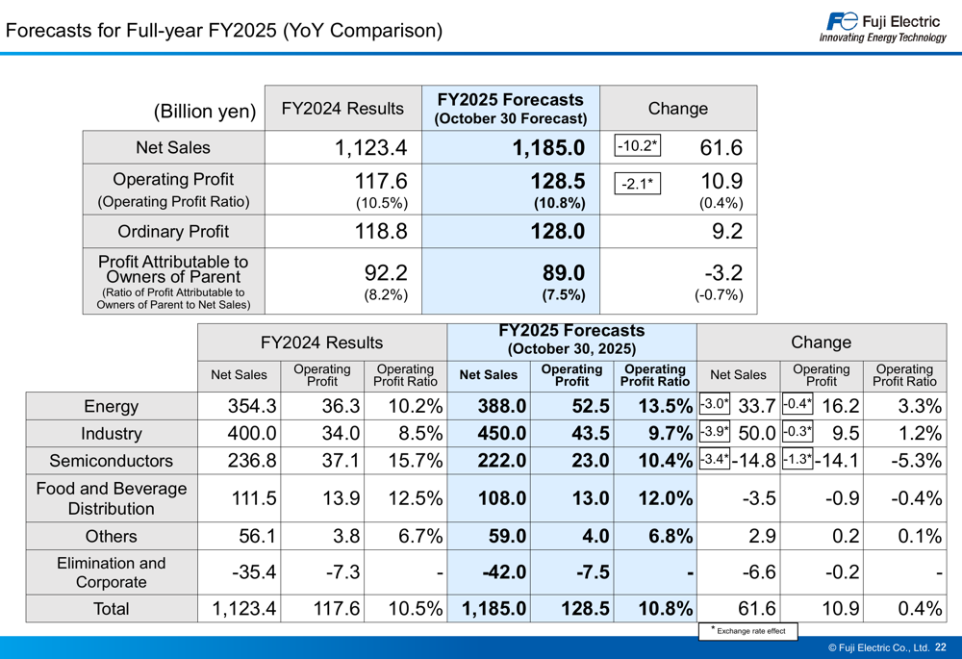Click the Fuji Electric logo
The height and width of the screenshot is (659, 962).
[x=883, y=28]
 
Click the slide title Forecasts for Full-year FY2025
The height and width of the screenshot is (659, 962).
[x=224, y=31]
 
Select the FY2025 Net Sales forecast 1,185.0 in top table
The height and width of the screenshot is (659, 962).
[x=547, y=148]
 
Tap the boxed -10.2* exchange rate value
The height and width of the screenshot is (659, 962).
[x=637, y=146]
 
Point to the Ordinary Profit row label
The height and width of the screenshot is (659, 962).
[x=173, y=231]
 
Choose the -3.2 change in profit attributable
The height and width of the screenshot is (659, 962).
[x=721, y=272]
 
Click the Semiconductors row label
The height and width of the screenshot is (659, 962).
[x=112, y=461]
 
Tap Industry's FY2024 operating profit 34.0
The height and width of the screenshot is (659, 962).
[x=341, y=434]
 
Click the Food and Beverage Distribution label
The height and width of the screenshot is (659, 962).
[x=112, y=498]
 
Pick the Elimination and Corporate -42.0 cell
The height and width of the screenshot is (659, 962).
[x=501, y=572]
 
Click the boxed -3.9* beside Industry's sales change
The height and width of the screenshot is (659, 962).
[x=713, y=433]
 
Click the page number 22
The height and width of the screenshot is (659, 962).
[x=940, y=647]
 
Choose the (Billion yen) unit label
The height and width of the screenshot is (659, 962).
[x=205, y=111]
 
